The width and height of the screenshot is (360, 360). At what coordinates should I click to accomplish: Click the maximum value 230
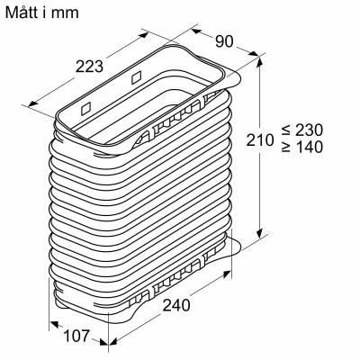click(x=323, y=130)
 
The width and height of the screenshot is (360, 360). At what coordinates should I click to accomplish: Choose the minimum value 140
click(x=323, y=147)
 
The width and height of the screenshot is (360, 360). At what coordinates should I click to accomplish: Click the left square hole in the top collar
click(x=85, y=107)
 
